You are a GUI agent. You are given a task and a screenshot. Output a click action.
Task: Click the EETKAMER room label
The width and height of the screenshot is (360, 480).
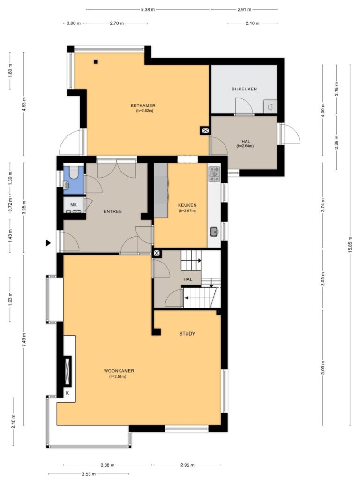click(x=143, y=105)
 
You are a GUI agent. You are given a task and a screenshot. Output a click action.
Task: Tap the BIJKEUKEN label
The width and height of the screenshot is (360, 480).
click(x=244, y=89)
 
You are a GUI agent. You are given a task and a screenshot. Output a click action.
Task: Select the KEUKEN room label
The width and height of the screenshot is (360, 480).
click(x=187, y=205)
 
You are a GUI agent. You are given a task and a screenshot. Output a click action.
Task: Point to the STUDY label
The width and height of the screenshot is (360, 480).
click(x=187, y=334)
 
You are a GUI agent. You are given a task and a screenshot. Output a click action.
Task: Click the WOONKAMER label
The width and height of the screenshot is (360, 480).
click(x=119, y=371)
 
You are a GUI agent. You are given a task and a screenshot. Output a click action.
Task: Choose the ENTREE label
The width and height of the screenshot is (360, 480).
click(x=112, y=211)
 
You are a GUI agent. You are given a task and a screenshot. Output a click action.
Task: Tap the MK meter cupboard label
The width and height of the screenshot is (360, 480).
click(x=74, y=205)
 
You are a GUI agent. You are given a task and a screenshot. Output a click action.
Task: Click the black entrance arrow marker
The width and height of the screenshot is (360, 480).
click(x=48, y=243)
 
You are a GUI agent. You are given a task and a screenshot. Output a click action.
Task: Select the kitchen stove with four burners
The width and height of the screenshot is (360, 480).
click(x=214, y=174)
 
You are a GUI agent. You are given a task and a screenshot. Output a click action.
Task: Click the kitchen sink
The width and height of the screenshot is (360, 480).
click(x=214, y=232)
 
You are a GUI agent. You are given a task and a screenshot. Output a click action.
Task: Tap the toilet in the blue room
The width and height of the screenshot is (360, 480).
click(x=74, y=172)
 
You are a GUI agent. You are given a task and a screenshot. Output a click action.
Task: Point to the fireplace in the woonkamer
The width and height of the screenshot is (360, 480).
click(x=67, y=371)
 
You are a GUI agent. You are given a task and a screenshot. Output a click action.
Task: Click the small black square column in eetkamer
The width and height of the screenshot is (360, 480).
click(x=96, y=62)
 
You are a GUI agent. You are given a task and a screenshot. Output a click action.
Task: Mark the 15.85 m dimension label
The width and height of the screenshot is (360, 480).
click(x=350, y=245)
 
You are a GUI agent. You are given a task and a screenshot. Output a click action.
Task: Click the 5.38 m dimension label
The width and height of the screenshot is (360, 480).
click(x=148, y=9)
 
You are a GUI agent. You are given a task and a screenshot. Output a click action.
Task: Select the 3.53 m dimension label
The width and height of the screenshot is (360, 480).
click(x=89, y=474)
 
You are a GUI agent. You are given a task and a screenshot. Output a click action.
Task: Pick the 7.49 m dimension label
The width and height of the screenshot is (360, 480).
click(x=24, y=339)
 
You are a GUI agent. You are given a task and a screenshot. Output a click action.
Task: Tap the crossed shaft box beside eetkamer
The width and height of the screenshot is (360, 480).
click(x=205, y=131)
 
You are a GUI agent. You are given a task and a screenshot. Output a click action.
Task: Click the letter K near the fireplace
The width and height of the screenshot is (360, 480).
click(x=67, y=393)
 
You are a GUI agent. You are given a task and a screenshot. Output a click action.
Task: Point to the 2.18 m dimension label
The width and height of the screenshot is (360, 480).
click(x=253, y=23)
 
